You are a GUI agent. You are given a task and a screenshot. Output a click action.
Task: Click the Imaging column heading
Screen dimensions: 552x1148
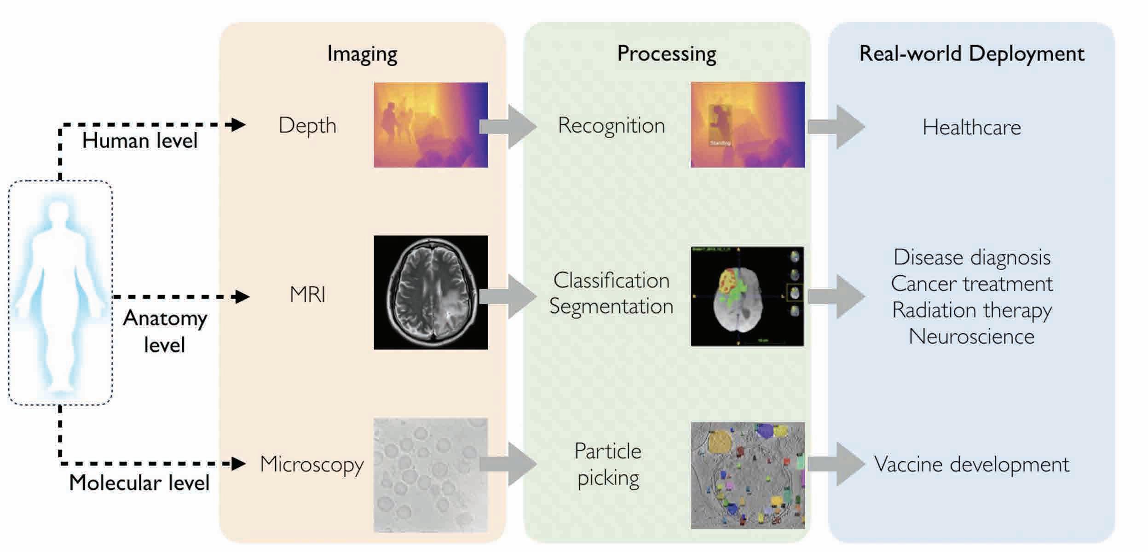[362, 54]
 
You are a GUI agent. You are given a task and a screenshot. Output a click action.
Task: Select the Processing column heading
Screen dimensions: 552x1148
[666, 54]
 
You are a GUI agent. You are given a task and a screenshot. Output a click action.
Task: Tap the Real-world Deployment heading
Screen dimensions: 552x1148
[971, 54]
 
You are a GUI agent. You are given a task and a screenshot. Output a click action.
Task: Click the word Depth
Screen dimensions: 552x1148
[307, 125]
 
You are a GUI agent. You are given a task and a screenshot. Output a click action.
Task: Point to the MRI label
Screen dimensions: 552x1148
[307, 295]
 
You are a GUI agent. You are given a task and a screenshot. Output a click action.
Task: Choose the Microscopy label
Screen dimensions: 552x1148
[312, 464]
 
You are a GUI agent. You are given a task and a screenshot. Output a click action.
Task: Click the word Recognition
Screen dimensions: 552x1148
[611, 125]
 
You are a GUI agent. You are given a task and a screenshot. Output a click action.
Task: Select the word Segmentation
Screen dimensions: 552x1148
[611, 306]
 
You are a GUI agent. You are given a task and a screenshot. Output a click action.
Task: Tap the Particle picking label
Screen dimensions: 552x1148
[608, 464]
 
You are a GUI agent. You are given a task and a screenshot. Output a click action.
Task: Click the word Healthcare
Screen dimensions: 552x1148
[971, 127]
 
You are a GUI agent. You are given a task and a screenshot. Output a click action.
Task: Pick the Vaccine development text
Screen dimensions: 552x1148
[971, 464]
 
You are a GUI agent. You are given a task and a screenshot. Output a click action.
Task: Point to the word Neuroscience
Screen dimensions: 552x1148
[971, 337]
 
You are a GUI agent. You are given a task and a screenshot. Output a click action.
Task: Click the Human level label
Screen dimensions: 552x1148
[139, 140]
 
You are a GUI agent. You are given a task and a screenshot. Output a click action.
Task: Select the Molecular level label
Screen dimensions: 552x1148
[139, 483]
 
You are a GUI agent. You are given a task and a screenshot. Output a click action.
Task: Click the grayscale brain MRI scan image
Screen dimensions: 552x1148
[430, 292]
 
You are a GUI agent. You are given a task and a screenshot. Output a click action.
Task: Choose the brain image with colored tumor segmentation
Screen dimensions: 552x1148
[747, 296]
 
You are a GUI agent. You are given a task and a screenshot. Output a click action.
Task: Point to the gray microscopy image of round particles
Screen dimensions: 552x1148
[430, 475]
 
